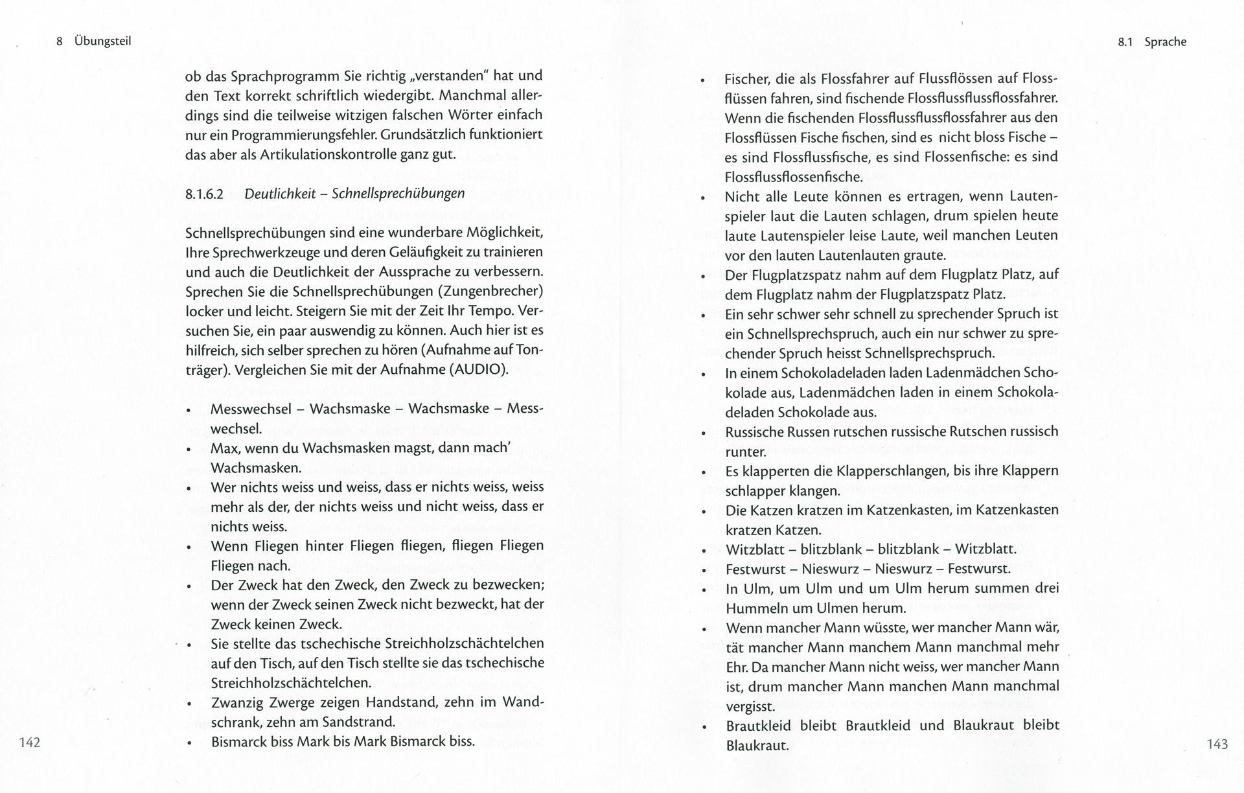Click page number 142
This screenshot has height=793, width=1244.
[30, 742]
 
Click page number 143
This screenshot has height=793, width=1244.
[1217, 744]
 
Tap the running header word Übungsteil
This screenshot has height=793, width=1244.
[102, 41]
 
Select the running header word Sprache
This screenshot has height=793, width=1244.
[1165, 42]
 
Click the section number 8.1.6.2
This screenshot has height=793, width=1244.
[204, 194]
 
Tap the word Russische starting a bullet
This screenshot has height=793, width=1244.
[755, 431]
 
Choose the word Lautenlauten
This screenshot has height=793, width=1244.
[859, 255]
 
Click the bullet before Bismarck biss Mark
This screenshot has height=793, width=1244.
[189, 743]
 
